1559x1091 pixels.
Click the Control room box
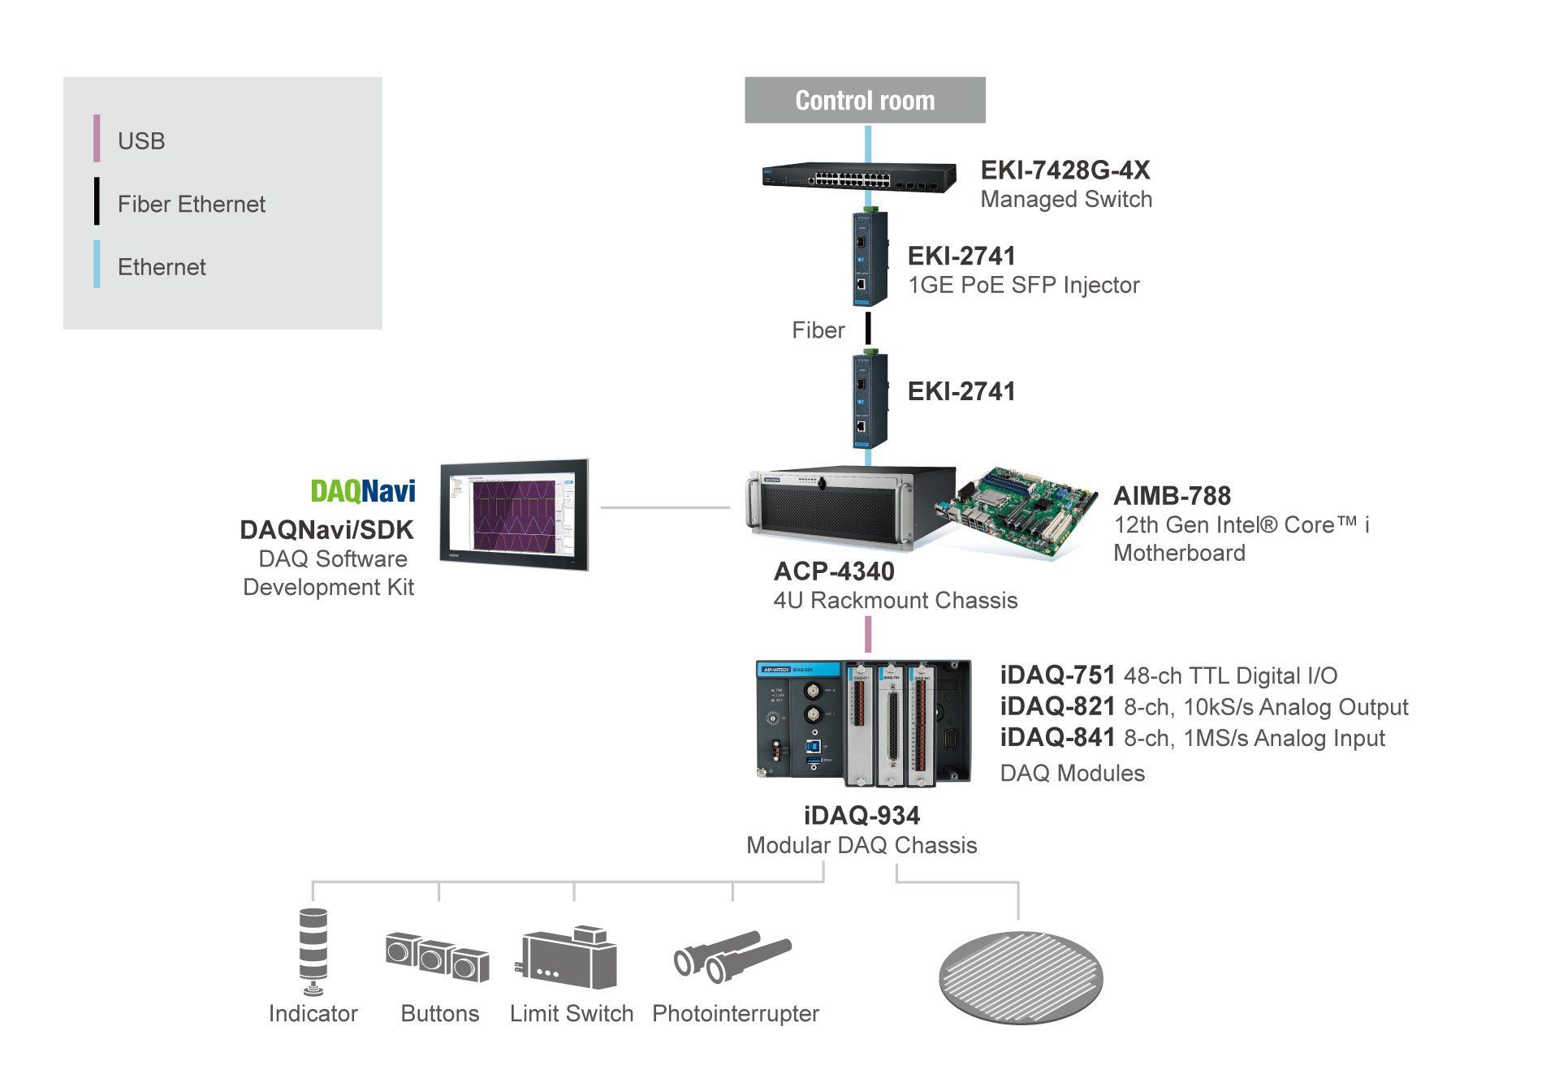(x=865, y=100)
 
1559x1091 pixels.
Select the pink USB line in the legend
(x=97, y=138)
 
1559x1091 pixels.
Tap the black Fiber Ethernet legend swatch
(x=97, y=201)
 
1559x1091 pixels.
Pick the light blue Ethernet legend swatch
(x=97, y=264)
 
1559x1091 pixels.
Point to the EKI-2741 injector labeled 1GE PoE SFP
(x=869, y=258)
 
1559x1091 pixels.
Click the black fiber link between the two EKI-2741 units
(x=868, y=328)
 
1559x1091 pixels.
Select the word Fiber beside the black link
(x=818, y=330)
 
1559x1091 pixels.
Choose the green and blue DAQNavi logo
(x=363, y=491)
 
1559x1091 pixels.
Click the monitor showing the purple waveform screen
(x=514, y=515)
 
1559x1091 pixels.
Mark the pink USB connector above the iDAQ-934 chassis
(x=868, y=634)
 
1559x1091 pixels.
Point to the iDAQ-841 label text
(x=1057, y=737)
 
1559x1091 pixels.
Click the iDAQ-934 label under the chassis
(x=862, y=815)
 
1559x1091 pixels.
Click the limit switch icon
(x=566, y=957)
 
